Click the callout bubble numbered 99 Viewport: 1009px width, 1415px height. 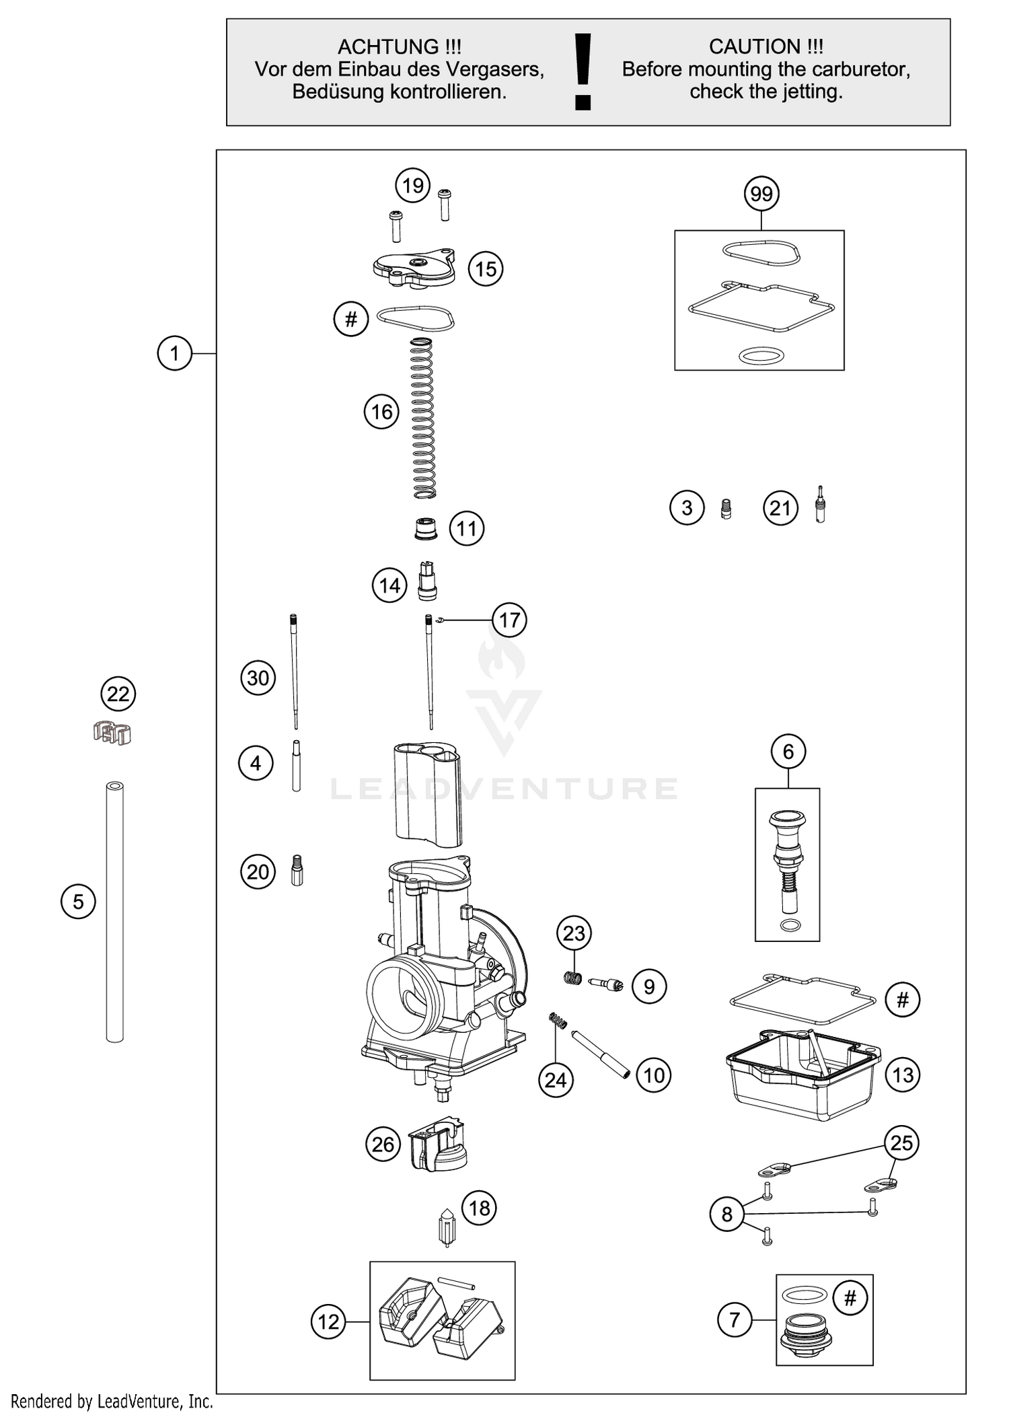(761, 194)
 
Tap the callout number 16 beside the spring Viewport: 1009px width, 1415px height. (381, 412)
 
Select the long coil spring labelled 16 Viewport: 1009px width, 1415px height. (422, 418)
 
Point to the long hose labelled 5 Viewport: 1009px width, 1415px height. (115, 912)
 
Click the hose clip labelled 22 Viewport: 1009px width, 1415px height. (112, 732)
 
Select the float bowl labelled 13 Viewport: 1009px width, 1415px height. (802, 1083)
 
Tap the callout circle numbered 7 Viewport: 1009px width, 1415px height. (735, 1319)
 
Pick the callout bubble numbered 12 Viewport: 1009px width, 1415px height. (328, 1321)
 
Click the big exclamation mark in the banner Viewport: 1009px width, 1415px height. (583, 72)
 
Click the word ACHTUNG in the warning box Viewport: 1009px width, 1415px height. (379, 47)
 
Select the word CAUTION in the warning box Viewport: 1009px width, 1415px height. (754, 47)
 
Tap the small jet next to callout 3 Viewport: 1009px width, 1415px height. (726, 509)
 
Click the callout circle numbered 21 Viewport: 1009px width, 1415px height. (780, 508)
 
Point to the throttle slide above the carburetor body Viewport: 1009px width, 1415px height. (428, 794)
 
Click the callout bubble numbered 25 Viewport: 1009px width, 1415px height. (901, 1142)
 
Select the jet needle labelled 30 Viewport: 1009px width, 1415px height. (294, 672)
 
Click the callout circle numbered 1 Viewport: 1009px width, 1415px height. (175, 353)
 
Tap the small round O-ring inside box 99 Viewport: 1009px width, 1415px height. (761, 355)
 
